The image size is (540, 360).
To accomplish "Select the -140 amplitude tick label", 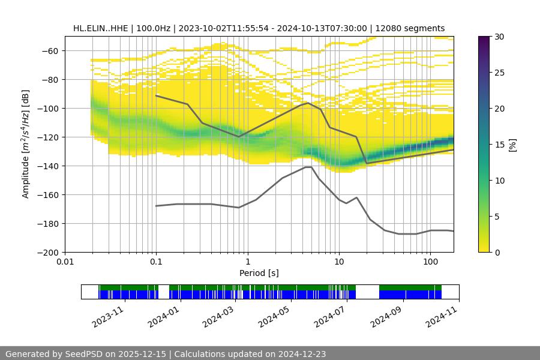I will (49, 166).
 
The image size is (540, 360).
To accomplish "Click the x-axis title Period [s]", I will (259, 273).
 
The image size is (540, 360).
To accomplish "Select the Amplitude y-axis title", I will (26, 144).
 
